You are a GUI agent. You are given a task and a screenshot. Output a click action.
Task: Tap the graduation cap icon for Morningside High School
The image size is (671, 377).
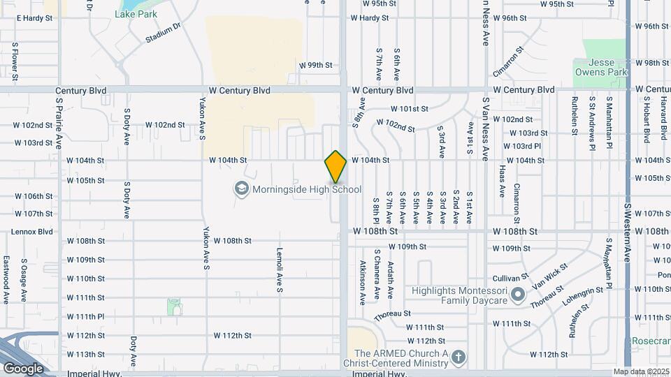241,189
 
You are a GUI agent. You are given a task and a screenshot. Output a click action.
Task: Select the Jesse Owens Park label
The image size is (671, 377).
601,67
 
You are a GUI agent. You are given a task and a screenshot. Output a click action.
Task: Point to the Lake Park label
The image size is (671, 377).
136,14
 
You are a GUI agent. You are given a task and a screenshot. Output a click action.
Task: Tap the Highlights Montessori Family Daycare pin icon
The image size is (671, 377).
518,295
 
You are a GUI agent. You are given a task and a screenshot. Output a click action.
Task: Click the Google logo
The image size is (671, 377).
23,368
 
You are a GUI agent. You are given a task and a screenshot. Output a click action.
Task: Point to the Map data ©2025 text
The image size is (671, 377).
641,371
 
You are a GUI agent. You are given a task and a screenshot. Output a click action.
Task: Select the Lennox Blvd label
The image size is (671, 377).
32,232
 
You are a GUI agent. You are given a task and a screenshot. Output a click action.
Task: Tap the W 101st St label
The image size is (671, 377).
410,109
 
